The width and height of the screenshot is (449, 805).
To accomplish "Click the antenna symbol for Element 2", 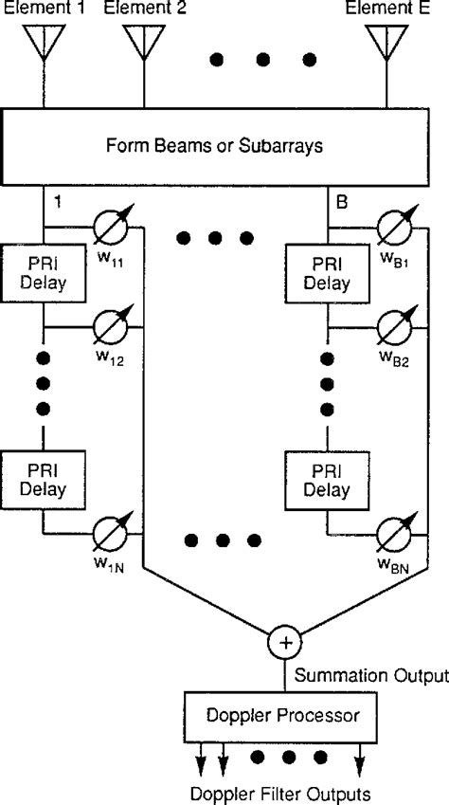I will point(143,42).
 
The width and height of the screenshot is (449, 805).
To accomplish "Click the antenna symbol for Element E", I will point(386,42).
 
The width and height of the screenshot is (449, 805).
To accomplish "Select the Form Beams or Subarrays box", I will point(224,146).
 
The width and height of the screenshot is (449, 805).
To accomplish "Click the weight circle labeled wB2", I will point(396,327).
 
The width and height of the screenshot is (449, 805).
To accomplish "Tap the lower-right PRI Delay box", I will point(325,479).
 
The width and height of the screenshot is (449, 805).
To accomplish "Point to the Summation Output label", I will point(370,676).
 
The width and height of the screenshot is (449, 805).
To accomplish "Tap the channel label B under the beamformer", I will point(343,202).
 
